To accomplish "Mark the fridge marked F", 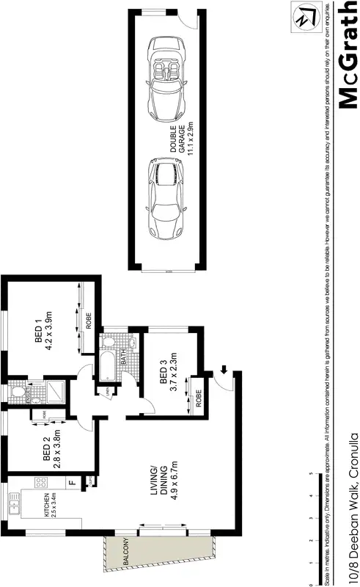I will pos(73,482).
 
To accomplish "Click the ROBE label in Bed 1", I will pos(87,321).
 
